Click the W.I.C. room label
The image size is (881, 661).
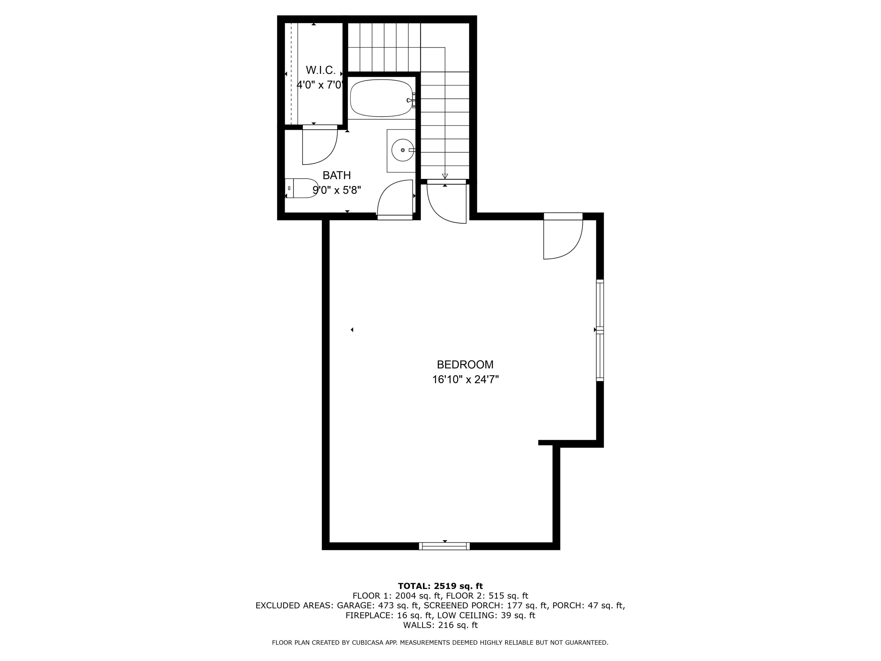tap(321, 70)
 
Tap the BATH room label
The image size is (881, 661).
tap(337, 175)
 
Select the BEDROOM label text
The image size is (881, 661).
tap(465, 365)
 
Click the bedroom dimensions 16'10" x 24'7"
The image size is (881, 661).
tap(465, 379)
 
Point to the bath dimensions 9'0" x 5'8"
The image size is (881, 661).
tap(337, 190)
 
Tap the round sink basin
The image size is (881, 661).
tap(402, 150)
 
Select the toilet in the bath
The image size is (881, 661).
tap(302, 188)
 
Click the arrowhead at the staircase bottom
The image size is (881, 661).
tap(445, 176)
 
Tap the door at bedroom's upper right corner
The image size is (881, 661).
tap(563, 237)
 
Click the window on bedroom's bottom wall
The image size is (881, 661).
tap(445, 546)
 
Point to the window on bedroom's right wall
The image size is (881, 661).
tap(599, 330)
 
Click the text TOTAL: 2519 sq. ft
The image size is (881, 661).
tap(440, 586)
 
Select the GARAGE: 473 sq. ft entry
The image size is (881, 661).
tap(378, 605)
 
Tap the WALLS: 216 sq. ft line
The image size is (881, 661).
tap(440, 625)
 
